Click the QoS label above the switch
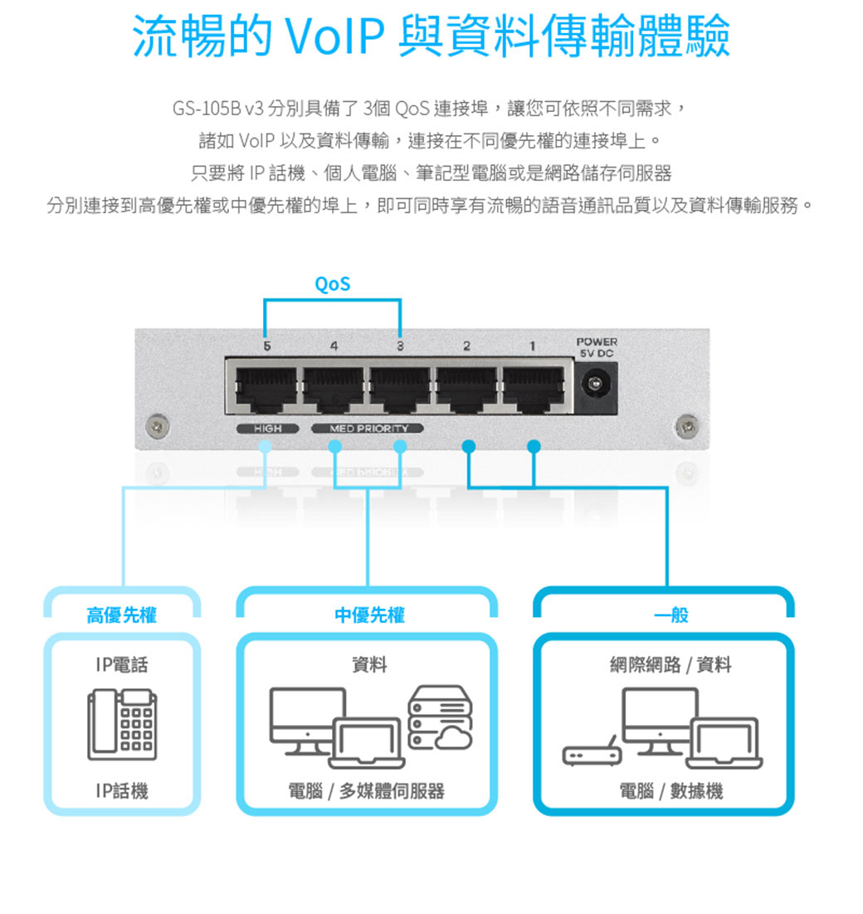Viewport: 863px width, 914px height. (x=332, y=284)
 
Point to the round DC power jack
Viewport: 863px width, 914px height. (x=593, y=384)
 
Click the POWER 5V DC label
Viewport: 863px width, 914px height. (x=597, y=347)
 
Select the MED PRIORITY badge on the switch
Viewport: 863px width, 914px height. (x=368, y=429)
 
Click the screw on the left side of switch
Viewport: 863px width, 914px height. (x=153, y=425)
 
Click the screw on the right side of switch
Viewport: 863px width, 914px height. (x=685, y=425)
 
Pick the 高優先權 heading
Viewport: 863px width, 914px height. (x=122, y=615)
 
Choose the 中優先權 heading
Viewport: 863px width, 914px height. (x=368, y=615)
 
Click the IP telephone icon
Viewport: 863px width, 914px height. (x=122, y=725)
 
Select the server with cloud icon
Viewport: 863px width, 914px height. (x=440, y=718)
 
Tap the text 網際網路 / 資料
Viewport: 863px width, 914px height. (x=670, y=664)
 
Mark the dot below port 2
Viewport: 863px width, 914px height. (x=468, y=447)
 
